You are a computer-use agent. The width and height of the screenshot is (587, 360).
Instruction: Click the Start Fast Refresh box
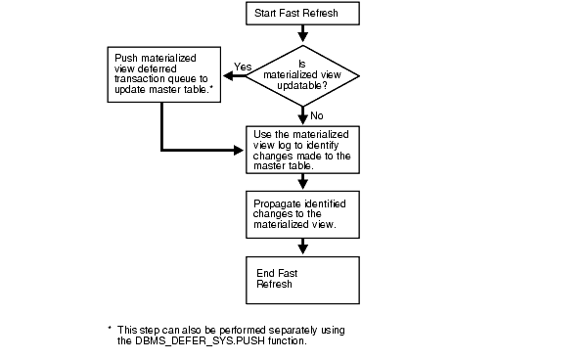(301, 14)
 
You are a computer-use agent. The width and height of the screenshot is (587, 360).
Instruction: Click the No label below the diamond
(317, 115)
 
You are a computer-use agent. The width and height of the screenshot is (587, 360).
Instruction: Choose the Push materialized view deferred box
(161, 75)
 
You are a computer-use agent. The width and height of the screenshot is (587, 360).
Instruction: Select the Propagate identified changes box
(301, 210)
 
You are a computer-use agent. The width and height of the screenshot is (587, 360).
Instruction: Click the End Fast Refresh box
(301, 276)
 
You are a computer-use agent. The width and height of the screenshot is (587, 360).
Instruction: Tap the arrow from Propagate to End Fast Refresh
(301, 243)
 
